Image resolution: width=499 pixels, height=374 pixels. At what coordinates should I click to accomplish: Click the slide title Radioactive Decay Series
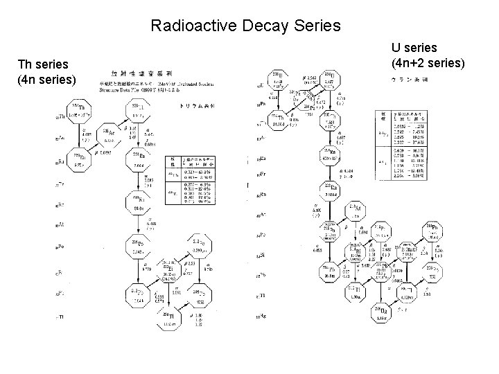[x=245, y=26]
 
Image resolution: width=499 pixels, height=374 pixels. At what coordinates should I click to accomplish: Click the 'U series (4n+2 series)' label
[x=427, y=55]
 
